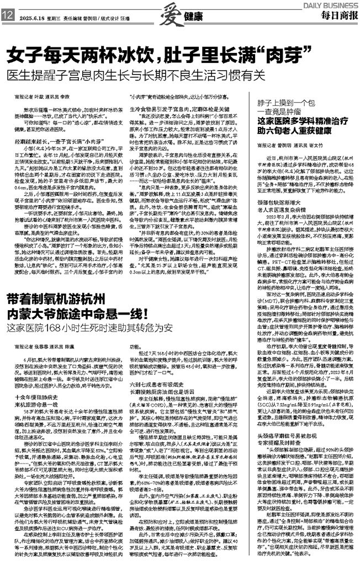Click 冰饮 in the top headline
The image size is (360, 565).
(139, 56)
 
